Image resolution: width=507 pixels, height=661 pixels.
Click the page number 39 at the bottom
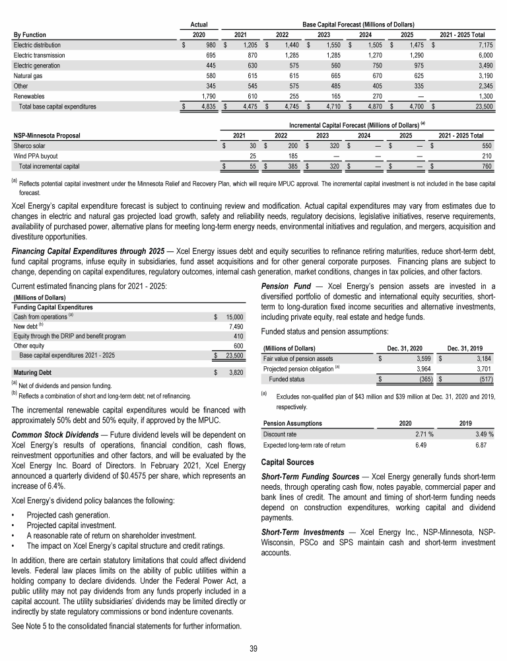[253, 648]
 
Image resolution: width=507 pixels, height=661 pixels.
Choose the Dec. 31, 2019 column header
[467, 348]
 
